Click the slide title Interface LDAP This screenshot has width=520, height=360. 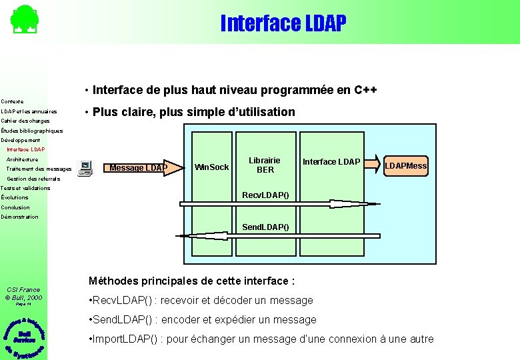pos(283,23)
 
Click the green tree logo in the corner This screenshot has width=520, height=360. pos(24,19)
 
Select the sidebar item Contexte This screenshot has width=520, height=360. pos(12,101)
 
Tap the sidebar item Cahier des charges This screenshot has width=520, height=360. pos(25,121)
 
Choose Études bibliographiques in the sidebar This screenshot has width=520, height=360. pos(32,131)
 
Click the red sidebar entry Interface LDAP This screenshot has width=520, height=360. pos(25,149)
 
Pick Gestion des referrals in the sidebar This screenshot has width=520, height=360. pos(33,179)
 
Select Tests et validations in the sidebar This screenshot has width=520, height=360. pos(25,188)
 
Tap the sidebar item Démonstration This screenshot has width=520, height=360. pos(20,217)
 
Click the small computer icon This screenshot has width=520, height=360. pos(85,167)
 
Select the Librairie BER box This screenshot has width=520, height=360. pos(265,165)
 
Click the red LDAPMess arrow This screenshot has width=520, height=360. pos(405,165)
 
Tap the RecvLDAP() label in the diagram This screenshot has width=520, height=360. pos(265,195)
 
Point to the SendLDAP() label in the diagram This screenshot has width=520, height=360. pos(265,227)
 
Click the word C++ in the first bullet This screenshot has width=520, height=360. pos(366,90)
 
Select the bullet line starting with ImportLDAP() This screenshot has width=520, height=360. pos(261,339)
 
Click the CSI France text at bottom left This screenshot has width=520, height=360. pos(23,289)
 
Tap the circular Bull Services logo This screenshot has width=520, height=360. pos(24,336)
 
